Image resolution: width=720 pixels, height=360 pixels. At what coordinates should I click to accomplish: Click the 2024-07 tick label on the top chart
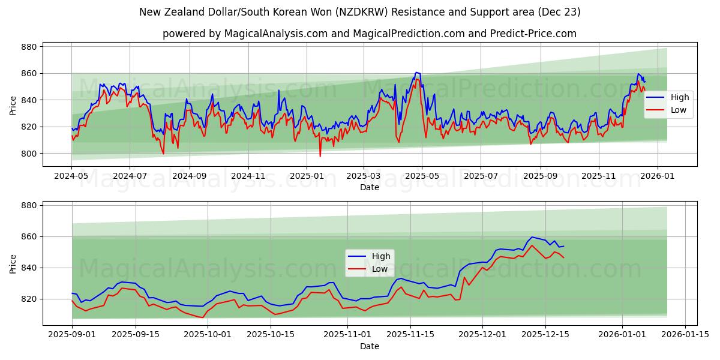point(130,176)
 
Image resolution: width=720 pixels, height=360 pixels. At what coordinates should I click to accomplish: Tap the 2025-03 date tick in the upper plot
point(363,176)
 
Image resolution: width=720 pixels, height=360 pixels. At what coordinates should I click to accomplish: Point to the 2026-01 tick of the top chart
point(657,176)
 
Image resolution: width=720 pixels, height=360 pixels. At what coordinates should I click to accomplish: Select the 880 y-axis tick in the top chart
point(29,47)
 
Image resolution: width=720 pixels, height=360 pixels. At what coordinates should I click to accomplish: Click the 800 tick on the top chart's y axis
point(29,154)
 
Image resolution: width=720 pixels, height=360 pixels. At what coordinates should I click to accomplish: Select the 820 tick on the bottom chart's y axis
point(29,299)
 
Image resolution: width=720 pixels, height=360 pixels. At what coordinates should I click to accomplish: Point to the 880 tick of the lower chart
point(29,205)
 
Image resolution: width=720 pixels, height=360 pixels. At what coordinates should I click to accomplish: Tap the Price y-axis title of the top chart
point(13,106)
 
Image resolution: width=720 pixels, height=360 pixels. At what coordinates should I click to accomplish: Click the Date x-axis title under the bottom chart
point(370,346)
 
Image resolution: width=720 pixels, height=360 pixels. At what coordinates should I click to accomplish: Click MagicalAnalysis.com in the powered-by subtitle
point(271,34)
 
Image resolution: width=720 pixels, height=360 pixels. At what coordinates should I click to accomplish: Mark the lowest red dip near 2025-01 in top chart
point(320,157)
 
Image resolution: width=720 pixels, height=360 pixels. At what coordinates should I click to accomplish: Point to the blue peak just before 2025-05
point(416,73)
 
